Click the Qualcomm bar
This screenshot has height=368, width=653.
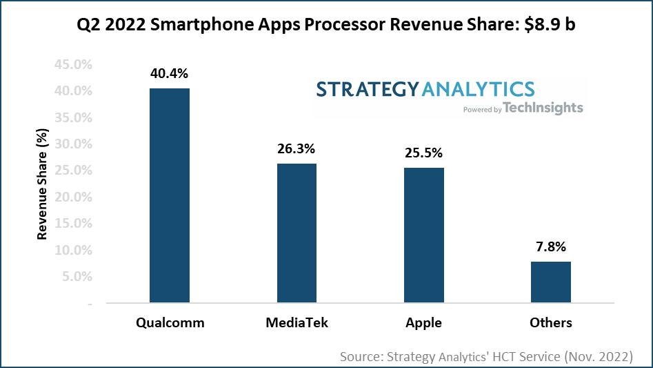(x=170, y=195)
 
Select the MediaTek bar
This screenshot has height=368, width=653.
(x=297, y=233)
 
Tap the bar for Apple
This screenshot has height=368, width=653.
(x=423, y=235)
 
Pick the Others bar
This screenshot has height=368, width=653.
(x=550, y=282)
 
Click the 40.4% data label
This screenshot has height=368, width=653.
(x=170, y=74)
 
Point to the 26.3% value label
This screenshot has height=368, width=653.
(x=297, y=148)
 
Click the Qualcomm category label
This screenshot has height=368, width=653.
(x=170, y=322)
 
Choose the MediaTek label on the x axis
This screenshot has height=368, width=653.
(x=297, y=322)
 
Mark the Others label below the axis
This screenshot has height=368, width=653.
(x=550, y=322)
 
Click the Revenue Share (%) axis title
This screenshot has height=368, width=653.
(x=42, y=184)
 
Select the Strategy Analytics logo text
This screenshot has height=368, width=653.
(x=425, y=89)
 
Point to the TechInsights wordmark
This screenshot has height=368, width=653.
(x=543, y=108)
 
